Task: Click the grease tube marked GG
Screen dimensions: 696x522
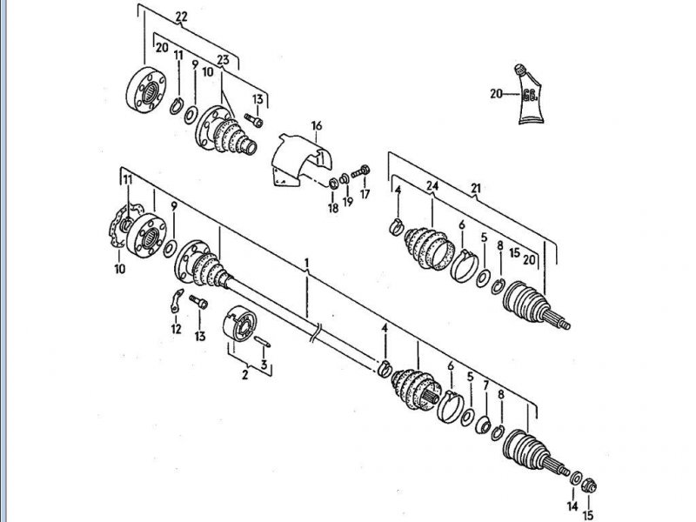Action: [x=529, y=94]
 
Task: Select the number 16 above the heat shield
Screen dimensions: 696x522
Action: [x=316, y=125]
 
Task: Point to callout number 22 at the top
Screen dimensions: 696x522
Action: [x=181, y=17]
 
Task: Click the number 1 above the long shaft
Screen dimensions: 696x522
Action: [x=307, y=264]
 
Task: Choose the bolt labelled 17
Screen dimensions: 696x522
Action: [x=361, y=171]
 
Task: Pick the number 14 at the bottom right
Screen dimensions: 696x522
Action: [x=572, y=505]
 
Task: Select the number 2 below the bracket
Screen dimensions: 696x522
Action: [x=244, y=375]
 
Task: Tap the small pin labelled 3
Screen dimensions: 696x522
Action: [x=262, y=342]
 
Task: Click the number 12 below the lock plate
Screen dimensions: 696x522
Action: [x=177, y=329]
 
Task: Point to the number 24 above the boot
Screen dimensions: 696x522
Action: [x=432, y=186]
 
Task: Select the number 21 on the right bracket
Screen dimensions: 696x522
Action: [x=475, y=188]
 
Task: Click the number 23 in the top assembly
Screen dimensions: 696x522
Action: [x=223, y=59]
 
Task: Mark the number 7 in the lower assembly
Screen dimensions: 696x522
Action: [x=485, y=385]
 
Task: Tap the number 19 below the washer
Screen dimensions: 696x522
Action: [x=348, y=202]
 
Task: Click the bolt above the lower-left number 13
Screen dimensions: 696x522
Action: [x=199, y=302]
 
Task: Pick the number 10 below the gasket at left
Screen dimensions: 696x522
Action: [x=119, y=269]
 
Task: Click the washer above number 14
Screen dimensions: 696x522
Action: [x=576, y=478]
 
